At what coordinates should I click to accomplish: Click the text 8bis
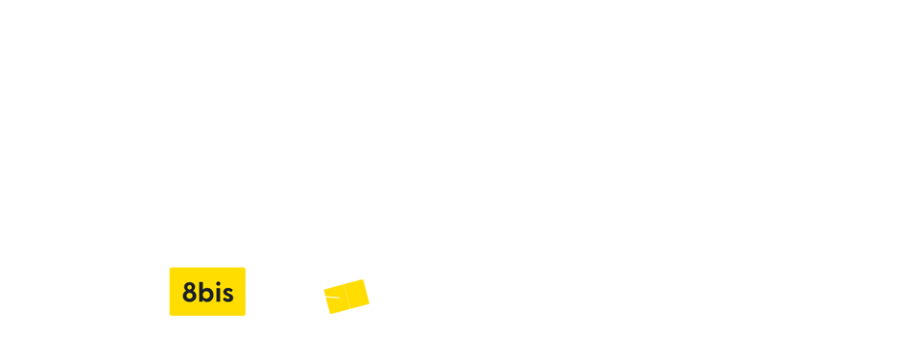[x=207, y=293]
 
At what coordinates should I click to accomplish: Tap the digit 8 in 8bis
[x=189, y=294]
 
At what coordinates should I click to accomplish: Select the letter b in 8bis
[x=204, y=293]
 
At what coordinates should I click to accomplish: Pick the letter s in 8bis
[x=226, y=295]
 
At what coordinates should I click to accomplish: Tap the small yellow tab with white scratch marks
[x=338, y=296]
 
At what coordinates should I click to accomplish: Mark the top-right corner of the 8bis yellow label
[x=245, y=268]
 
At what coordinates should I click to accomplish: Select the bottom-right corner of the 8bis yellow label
[x=245, y=315]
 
